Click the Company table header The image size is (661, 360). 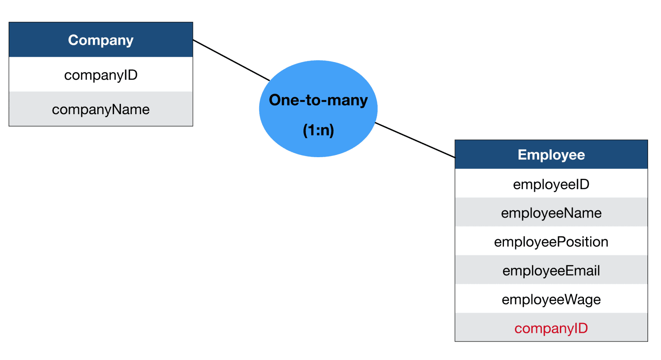pos(101,40)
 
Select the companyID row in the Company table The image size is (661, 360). pos(101,75)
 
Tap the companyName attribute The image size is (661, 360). pos(101,109)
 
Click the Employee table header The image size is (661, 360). pos(551,155)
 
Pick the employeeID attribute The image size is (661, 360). pos(551,184)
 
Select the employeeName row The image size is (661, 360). pos(551,213)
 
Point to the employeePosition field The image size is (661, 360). pos(551,242)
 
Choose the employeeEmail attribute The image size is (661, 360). pos(551,271)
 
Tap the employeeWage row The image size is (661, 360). pos(551,300)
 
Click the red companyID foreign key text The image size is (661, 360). pos(551,329)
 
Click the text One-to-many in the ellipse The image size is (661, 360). pos(318,100)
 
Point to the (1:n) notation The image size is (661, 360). pos(318,130)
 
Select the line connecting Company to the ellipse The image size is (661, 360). pos(231,60)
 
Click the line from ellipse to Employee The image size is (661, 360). pos(415,140)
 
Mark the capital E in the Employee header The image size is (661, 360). pos(522,155)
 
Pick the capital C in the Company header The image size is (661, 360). pos(73,40)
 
